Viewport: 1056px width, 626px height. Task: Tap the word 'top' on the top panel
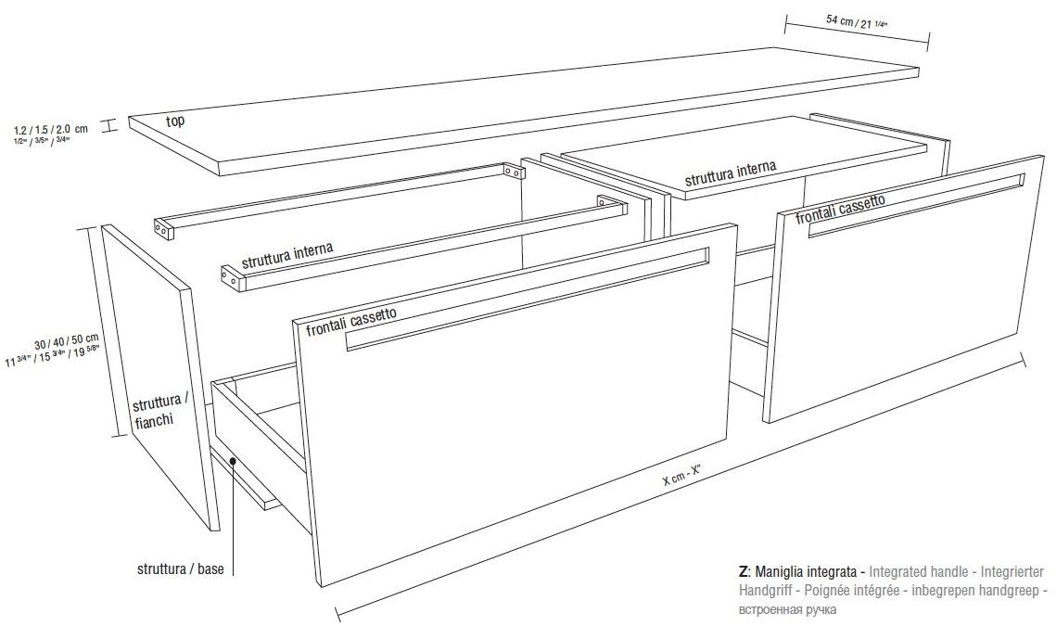(174, 121)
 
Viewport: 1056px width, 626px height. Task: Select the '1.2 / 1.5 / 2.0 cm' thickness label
(52, 129)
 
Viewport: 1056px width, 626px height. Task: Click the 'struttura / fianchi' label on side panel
(158, 412)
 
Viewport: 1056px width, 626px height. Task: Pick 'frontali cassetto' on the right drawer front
(840, 209)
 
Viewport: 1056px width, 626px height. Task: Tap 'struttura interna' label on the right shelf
(731, 173)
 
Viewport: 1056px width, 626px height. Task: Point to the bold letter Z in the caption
(743, 572)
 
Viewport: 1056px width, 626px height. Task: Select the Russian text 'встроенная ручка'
(787, 609)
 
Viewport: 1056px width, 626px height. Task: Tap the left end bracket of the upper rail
(163, 226)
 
